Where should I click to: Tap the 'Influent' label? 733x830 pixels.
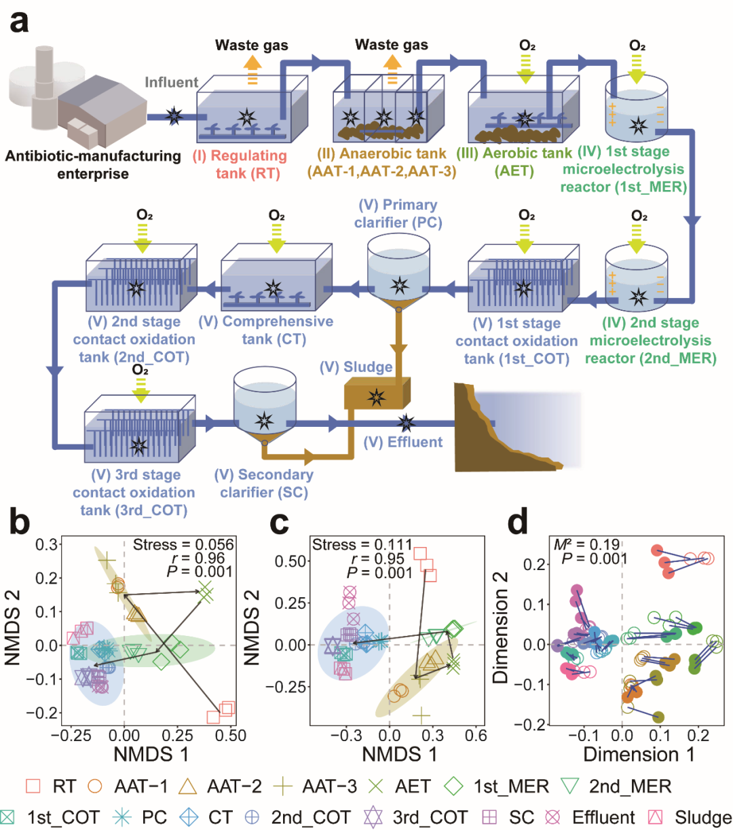pos(171,82)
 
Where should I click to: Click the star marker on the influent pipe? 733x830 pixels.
pos(174,116)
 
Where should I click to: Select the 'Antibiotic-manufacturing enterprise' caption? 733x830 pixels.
pos(93,165)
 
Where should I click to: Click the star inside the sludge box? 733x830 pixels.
pos(376,396)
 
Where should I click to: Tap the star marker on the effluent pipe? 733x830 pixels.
pos(407,423)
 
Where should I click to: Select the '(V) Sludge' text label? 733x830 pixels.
pos(356,367)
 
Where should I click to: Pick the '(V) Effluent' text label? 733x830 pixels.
pos(403,442)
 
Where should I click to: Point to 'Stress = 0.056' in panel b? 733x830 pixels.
pos(183,544)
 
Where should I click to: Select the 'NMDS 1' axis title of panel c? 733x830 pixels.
pos(399,754)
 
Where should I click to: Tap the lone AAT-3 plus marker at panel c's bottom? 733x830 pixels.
pos(422,715)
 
